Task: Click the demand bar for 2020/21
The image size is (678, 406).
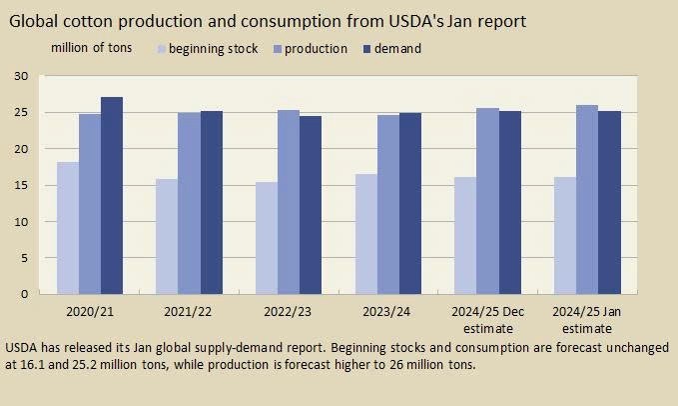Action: tap(112, 195)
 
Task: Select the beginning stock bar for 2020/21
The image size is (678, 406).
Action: tap(68, 227)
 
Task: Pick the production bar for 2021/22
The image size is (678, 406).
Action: tap(189, 203)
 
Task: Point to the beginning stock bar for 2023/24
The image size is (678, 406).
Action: tap(365, 233)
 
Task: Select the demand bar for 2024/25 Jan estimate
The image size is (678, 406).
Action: tap(609, 202)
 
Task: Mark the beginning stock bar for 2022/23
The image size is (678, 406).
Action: tap(267, 237)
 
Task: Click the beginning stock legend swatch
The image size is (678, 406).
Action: tap(162, 49)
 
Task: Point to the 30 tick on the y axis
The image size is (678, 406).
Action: tap(21, 76)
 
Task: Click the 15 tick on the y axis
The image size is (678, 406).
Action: tap(21, 185)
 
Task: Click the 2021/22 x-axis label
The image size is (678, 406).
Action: tap(189, 312)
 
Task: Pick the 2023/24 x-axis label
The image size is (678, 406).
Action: tap(387, 312)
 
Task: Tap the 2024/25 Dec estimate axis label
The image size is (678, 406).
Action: tap(487, 319)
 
